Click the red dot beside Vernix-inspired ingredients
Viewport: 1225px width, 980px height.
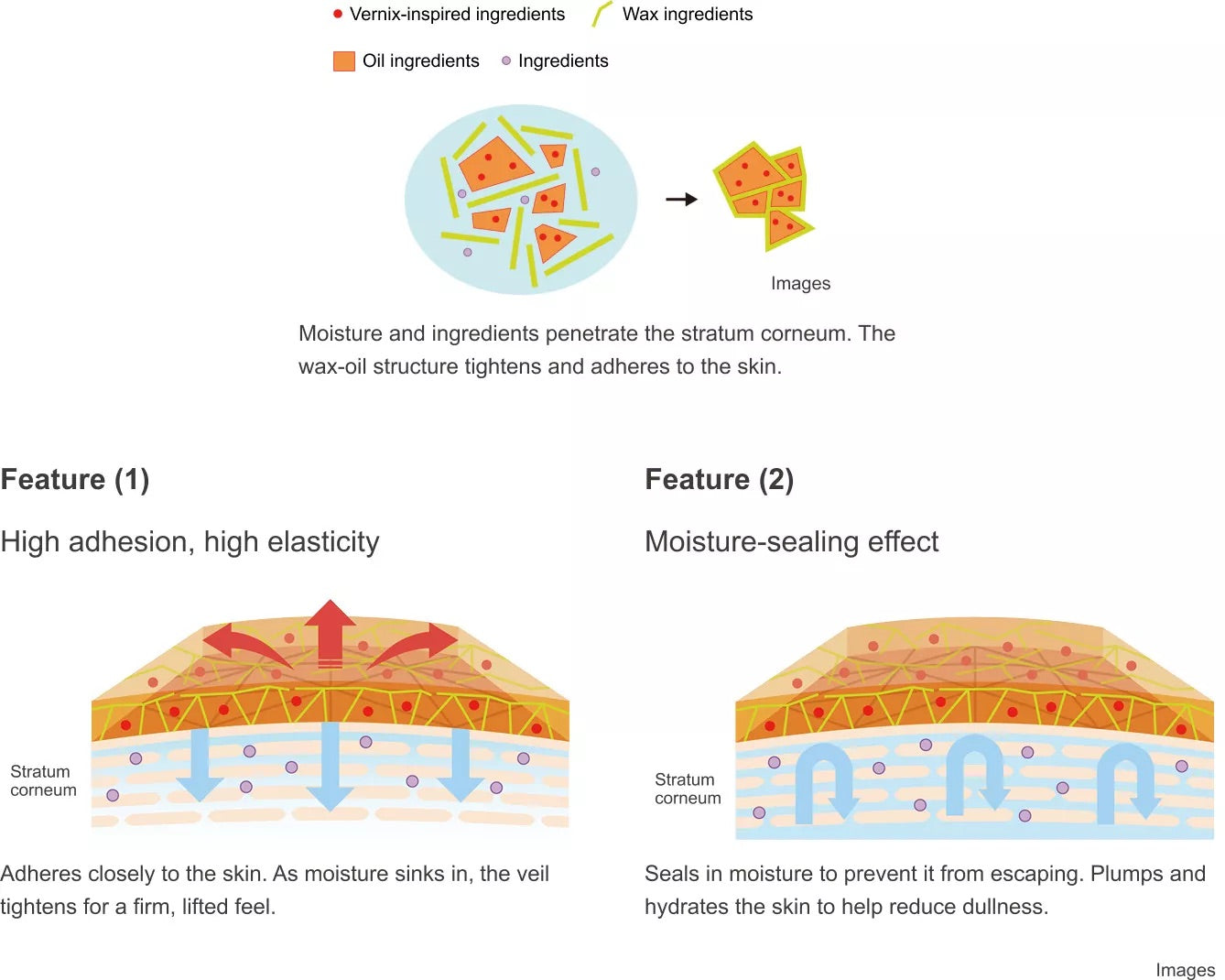(338, 15)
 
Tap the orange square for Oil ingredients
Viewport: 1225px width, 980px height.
(344, 61)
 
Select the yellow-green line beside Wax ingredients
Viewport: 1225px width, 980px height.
(602, 14)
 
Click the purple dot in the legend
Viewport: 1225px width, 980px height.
(506, 60)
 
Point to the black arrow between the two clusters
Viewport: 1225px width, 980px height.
(681, 200)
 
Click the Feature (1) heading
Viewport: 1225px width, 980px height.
(75, 479)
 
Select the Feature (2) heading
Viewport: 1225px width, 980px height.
(719, 479)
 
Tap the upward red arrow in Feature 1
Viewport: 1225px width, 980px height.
(331, 633)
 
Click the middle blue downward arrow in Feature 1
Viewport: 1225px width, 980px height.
(331, 766)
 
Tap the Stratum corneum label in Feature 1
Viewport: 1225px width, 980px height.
(43, 780)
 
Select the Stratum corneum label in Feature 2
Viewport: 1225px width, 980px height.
(688, 789)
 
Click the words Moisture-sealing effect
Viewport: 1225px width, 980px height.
(791, 541)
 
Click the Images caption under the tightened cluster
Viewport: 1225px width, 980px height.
(800, 284)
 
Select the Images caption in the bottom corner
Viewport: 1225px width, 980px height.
(1185, 970)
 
